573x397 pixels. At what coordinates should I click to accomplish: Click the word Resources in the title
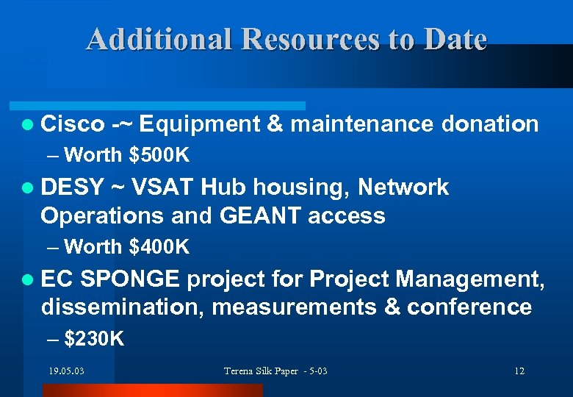(x=310, y=39)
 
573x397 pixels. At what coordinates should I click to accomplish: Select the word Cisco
(x=73, y=124)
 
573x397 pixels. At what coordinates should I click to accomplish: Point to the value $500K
(x=159, y=155)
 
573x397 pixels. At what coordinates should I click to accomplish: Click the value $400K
(x=159, y=248)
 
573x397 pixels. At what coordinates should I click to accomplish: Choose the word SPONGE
(x=129, y=279)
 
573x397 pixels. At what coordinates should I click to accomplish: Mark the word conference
(x=469, y=307)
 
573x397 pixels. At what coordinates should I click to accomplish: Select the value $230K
(x=94, y=339)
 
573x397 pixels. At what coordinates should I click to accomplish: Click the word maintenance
(x=362, y=124)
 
